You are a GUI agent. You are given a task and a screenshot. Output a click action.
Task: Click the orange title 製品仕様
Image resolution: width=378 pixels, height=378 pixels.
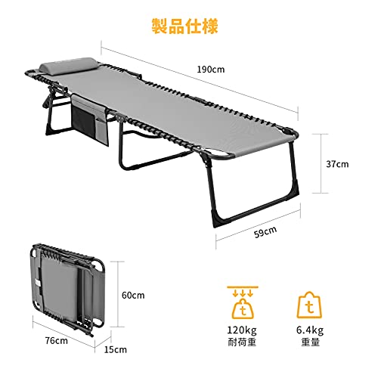click(x=184, y=26)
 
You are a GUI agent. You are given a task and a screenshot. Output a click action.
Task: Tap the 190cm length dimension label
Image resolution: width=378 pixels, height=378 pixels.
click(x=211, y=70)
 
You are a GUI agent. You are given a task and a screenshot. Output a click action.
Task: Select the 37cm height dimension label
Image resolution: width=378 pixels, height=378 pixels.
click(x=337, y=164)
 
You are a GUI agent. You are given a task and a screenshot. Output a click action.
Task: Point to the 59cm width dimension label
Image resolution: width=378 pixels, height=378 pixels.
click(x=265, y=232)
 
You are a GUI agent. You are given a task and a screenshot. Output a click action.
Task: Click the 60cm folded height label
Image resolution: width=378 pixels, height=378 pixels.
click(x=133, y=295)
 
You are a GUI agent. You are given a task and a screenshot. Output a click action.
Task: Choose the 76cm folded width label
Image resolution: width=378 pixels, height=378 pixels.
click(x=57, y=340)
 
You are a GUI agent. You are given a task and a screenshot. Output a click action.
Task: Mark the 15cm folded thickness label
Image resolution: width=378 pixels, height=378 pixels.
click(x=116, y=349)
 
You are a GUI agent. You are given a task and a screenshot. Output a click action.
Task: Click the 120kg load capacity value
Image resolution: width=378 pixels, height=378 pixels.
click(x=242, y=330)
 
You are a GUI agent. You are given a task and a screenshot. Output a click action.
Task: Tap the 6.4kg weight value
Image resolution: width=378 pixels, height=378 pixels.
click(x=310, y=330)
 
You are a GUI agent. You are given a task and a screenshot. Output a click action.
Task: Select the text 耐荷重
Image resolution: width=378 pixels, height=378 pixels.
click(x=242, y=342)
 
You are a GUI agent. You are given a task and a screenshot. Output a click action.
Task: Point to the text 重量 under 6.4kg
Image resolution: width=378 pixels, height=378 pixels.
click(x=311, y=342)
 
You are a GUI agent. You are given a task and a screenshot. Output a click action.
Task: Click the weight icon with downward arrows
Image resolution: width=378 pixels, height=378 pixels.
click(x=243, y=302)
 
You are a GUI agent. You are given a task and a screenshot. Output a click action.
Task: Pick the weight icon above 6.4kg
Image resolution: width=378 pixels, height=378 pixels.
click(x=309, y=305)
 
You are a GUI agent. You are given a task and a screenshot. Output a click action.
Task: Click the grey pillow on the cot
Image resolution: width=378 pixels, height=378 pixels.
click(x=68, y=65)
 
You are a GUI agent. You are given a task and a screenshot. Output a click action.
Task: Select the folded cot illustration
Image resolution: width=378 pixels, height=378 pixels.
click(x=67, y=290)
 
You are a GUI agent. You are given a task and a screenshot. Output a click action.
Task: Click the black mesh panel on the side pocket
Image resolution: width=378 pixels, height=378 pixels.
click(x=84, y=119)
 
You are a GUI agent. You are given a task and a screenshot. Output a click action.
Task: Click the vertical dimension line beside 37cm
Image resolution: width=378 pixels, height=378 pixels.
click(x=321, y=163)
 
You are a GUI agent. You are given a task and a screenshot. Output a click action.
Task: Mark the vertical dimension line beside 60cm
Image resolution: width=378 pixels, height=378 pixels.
click(x=117, y=294)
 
